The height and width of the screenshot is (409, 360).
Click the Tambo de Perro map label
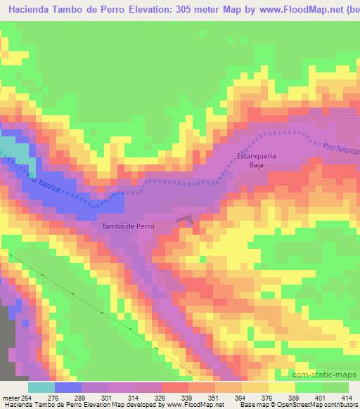pyautogui.click(x=128, y=226)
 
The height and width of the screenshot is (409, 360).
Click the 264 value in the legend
pyautogui.click(x=27, y=397)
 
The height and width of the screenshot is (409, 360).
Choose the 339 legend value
pyautogui.click(x=188, y=397)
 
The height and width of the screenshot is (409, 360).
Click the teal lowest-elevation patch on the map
pyautogui.click(x=9, y=146)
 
